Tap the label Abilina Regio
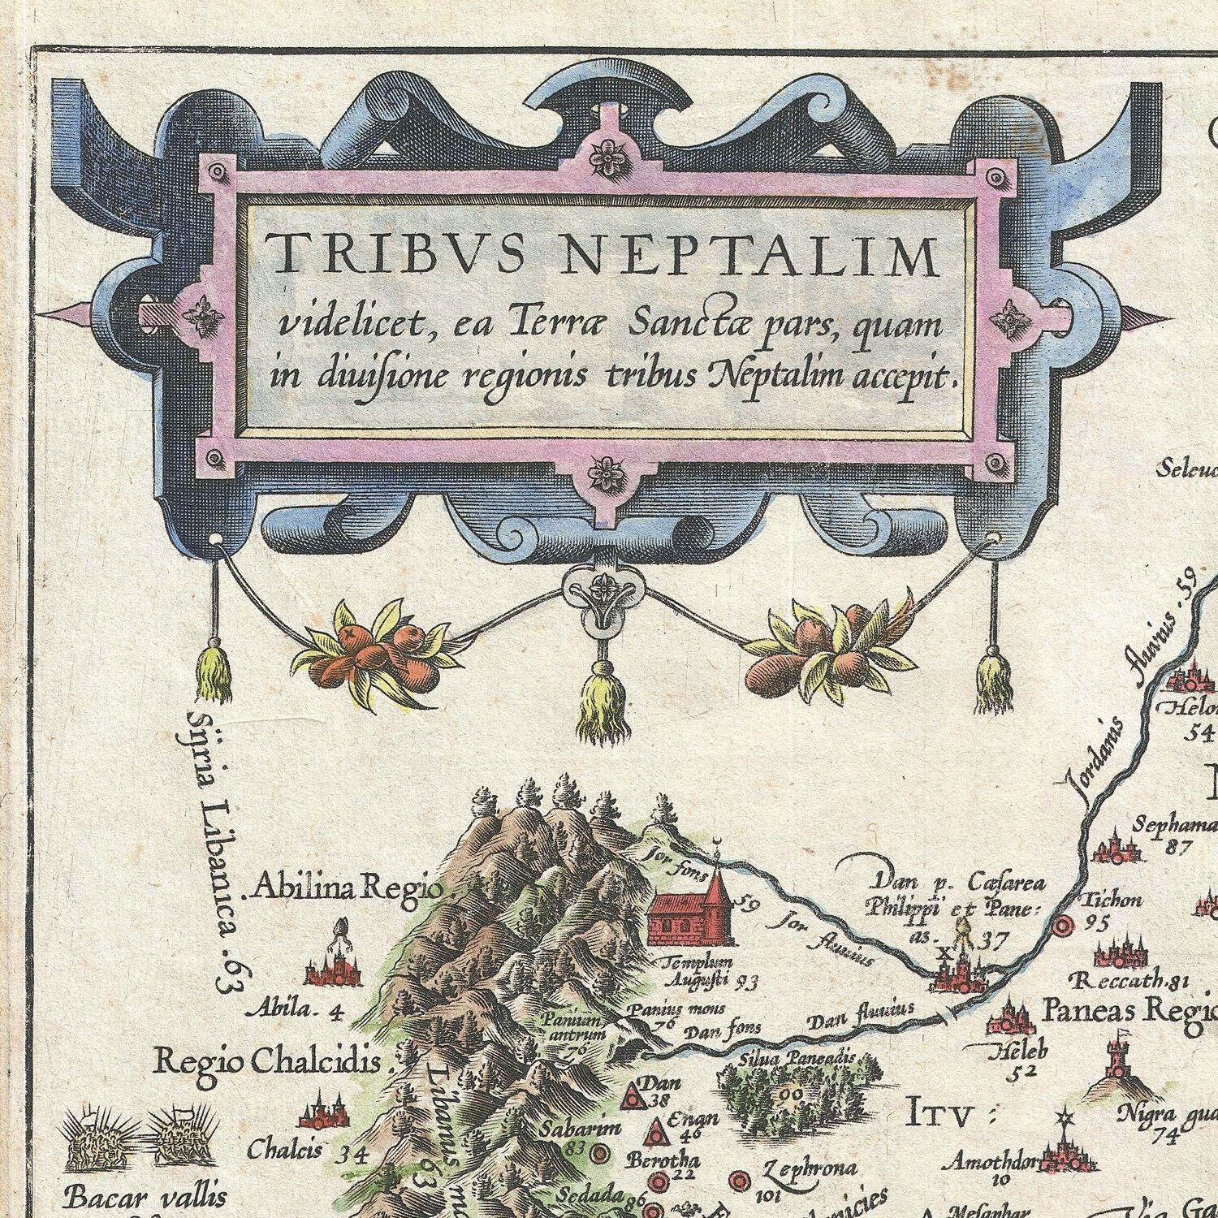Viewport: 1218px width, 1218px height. point(348,888)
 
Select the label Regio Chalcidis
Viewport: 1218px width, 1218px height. point(268,1059)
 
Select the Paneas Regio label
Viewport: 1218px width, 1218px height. point(1129,1010)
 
